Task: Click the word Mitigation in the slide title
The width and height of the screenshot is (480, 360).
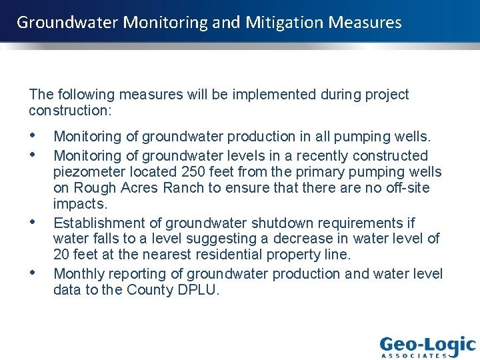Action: pos(283,23)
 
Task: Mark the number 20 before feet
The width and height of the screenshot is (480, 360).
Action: pos(61,254)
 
